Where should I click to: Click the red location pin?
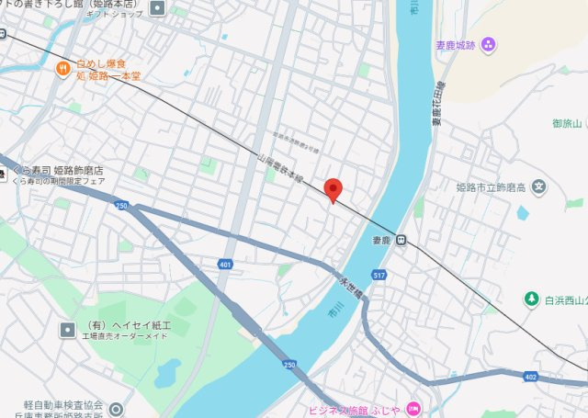pyautogui.click(x=334, y=188)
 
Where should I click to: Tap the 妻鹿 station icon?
pyautogui.click(x=401, y=241)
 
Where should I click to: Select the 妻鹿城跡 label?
pyautogui.click(x=457, y=43)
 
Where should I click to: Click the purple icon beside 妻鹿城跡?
pyautogui.click(x=488, y=43)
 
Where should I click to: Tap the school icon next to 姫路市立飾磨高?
pyautogui.click(x=538, y=187)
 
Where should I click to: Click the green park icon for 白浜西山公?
pyautogui.click(x=531, y=299)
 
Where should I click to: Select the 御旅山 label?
pyautogui.click(x=568, y=122)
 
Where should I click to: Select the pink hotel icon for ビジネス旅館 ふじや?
pyautogui.click(x=413, y=408)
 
